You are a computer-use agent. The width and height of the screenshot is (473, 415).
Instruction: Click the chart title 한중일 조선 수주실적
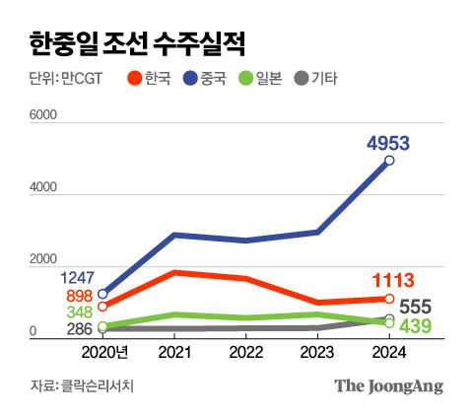point(137,43)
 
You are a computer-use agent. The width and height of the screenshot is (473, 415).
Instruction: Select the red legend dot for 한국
point(135,77)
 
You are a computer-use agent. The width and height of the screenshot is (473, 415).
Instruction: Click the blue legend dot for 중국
point(190,77)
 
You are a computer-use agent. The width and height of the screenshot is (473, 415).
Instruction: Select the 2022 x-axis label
point(246,352)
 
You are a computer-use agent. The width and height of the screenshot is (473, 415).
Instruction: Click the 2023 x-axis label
point(317,352)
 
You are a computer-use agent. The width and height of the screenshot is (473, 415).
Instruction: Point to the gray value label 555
point(418,307)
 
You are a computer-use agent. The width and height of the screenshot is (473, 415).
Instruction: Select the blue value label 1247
point(79,278)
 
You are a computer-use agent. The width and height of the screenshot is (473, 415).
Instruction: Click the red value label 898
point(81,297)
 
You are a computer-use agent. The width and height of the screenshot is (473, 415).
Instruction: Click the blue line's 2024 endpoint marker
point(389,161)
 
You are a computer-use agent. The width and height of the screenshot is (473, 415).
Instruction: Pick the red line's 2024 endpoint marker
point(389,299)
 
